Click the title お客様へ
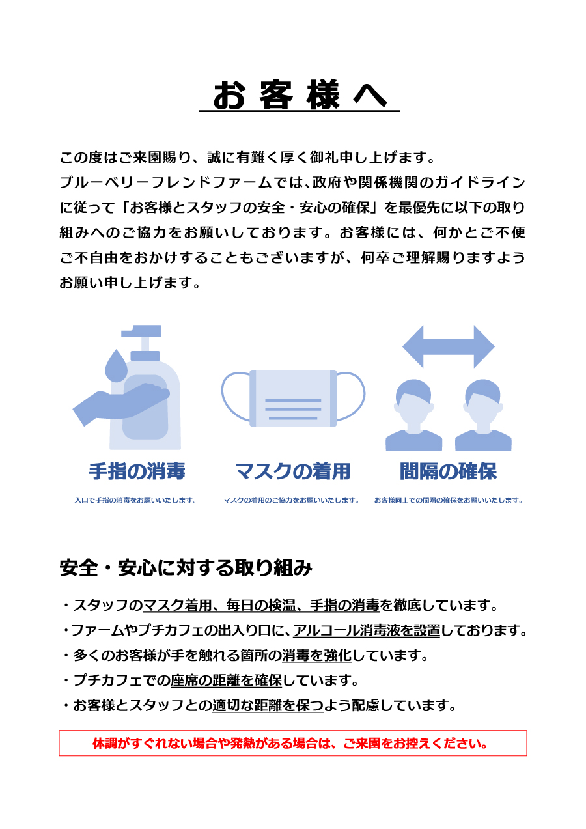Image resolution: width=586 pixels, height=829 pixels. [300, 94]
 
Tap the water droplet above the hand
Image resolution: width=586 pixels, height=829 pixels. [116, 365]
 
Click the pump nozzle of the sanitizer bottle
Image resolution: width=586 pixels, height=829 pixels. [141, 331]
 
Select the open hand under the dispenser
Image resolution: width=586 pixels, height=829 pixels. [121, 404]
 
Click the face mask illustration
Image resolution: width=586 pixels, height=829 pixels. [294, 398]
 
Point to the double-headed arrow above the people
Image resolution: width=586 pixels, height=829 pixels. [449, 346]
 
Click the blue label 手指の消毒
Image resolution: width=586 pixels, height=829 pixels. [137, 471]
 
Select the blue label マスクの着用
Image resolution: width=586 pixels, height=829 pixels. [292, 471]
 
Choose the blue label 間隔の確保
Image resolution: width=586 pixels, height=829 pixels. [449, 471]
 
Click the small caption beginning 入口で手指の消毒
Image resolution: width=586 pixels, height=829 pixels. [135, 500]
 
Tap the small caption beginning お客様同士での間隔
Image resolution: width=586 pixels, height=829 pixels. [449, 500]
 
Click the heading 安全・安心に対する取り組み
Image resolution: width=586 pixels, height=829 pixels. [186, 568]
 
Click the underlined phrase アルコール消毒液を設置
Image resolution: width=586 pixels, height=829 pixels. [367, 630]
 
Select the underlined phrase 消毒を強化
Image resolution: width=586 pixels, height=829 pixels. [316, 656]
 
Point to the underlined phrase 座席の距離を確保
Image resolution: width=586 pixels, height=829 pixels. [226, 681]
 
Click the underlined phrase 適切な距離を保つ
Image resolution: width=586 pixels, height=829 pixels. [268, 706]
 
